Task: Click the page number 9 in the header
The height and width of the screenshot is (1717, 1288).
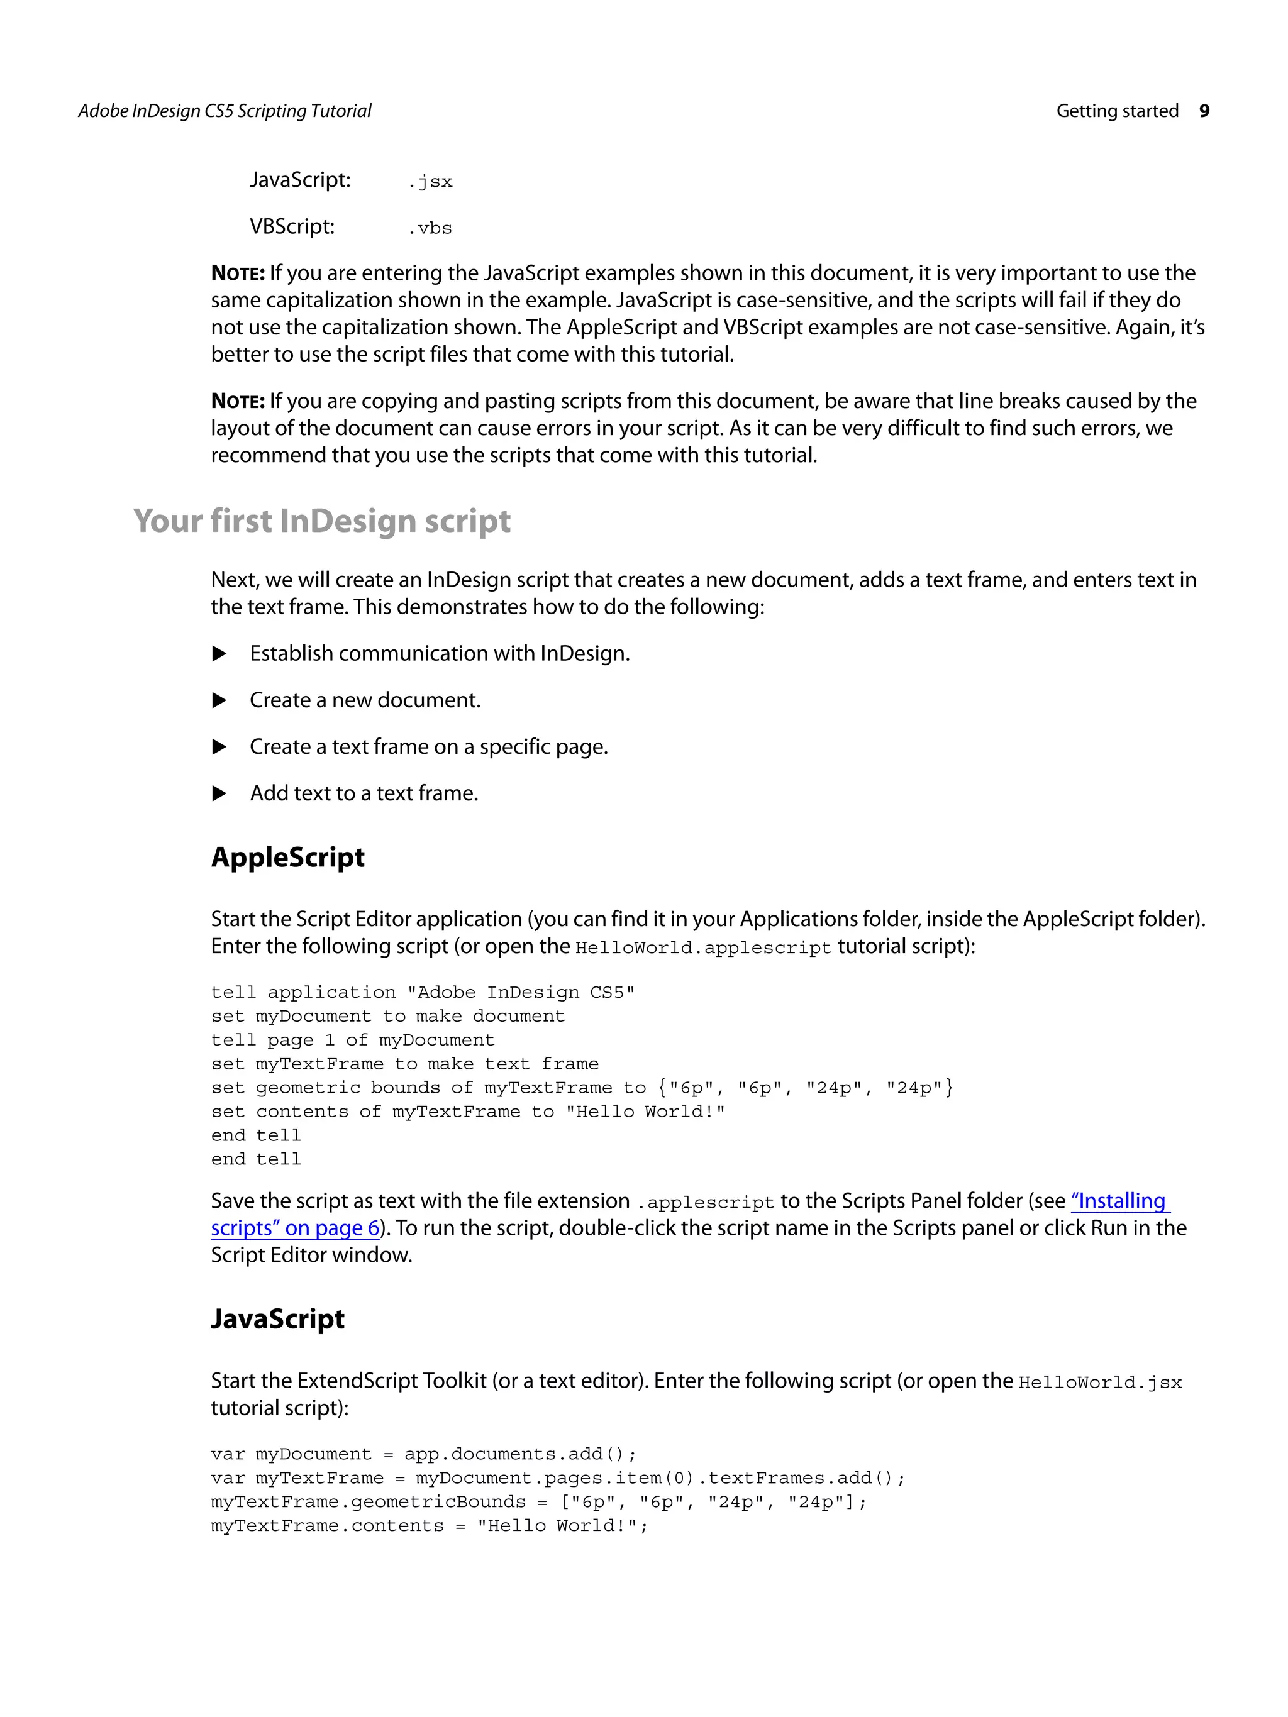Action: point(1203,111)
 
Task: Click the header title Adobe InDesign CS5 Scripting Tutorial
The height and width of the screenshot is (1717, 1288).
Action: point(225,111)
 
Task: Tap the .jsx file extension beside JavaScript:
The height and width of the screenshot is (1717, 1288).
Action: point(430,182)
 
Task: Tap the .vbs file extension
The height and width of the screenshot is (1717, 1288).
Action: point(430,228)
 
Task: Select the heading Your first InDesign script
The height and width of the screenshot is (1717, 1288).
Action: point(321,521)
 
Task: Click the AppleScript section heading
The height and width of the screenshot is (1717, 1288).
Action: point(287,857)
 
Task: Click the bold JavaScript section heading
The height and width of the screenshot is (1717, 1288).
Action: point(277,1319)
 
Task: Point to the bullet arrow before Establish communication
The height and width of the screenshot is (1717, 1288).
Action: point(219,654)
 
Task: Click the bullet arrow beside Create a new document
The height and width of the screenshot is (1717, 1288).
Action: point(219,700)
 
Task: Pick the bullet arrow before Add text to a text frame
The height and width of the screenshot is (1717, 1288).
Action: point(219,793)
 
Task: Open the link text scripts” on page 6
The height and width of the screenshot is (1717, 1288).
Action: point(295,1228)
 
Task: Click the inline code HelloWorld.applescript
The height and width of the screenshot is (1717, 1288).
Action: point(702,947)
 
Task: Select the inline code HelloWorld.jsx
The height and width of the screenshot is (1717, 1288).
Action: point(1099,1383)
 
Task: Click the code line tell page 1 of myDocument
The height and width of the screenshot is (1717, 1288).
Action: point(352,1040)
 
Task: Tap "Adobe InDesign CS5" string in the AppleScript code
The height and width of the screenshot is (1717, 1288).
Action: point(521,993)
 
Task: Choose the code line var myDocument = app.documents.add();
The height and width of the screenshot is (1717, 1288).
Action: point(423,1454)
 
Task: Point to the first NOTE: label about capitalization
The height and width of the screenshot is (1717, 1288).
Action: point(238,273)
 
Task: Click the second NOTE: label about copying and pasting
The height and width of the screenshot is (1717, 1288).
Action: point(238,401)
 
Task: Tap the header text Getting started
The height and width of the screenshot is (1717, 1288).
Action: point(1116,111)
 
